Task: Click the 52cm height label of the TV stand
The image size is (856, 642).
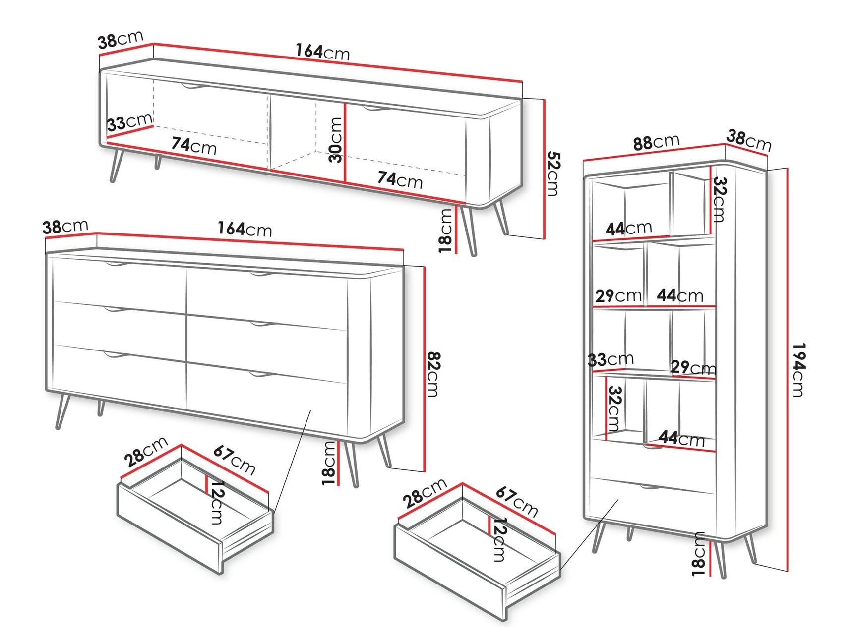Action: (553, 174)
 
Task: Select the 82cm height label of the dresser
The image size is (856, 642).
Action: (433, 374)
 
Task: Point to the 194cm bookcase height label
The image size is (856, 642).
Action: (798, 370)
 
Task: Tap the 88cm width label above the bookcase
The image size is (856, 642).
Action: (656, 143)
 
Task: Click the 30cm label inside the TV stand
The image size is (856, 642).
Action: (336, 140)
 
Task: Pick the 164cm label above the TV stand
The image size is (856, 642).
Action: (323, 52)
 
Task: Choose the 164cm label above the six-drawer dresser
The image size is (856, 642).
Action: (245, 229)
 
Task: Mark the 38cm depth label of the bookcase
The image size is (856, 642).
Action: (749, 140)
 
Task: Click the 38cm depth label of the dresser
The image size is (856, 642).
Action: (65, 227)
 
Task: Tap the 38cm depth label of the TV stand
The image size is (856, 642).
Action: (121, 40)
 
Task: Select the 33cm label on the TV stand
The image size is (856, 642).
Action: (130, 122)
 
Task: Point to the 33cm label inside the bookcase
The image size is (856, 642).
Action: (611, 359)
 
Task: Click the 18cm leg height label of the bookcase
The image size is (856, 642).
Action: (698, 554)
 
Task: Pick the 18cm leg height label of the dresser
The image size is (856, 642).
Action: (329, 463)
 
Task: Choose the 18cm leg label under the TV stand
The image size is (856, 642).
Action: (445, 231)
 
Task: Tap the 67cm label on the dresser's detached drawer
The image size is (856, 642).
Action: (235, 460)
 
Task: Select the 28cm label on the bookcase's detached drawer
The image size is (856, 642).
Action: (425, 493)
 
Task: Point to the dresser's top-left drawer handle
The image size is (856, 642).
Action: (116, 265)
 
